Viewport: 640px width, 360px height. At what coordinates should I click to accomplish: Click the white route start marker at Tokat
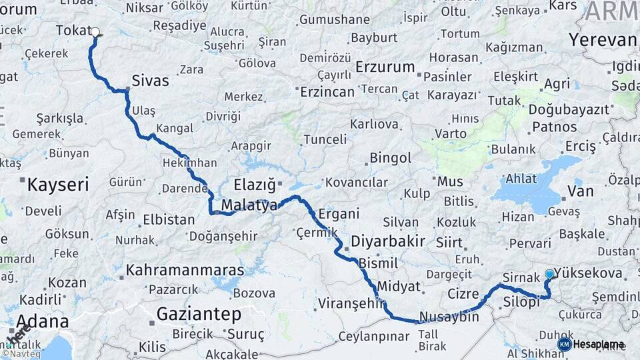(95, 31)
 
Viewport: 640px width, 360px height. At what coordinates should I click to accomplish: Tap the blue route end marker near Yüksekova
(549, 274)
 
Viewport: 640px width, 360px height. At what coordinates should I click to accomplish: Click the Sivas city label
(150, 81)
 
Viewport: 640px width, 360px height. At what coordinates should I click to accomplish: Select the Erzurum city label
(385, 67)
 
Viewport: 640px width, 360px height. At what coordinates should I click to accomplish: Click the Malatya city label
(249, 205)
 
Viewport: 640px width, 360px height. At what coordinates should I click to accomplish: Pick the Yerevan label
(603, 39)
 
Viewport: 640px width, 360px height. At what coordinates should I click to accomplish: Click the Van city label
(579, 192)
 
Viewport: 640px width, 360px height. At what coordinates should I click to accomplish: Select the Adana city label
(43, 321)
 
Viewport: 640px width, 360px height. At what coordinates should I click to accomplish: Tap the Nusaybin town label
(449, 317)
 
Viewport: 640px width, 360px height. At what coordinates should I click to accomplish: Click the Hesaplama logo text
(599, 344)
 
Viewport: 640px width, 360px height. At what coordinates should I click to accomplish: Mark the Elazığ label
(255, 185)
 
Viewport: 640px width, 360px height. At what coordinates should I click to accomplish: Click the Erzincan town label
(327, 92)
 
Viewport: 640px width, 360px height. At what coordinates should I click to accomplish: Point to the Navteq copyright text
(24, 354)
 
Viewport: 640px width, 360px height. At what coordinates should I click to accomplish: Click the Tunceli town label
(325, 139)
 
